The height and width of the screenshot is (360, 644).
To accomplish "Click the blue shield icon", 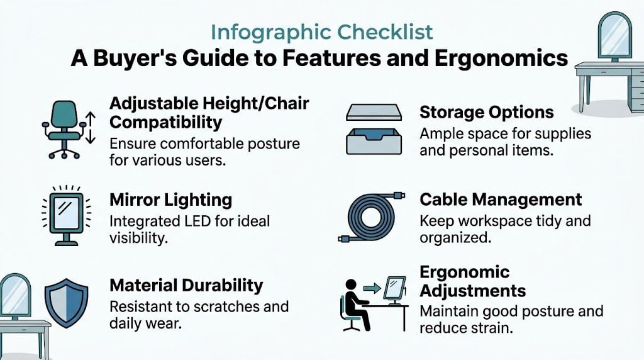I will pos(66,303).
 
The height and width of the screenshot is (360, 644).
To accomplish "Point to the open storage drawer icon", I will pos(372,141).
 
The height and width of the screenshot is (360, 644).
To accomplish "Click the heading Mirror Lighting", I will pos(170,201).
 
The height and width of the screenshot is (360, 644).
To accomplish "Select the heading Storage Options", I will pos(486,113).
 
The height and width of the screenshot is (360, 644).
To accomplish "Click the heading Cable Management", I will pos(501,200).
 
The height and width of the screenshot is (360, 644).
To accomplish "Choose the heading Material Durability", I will pos(186,285).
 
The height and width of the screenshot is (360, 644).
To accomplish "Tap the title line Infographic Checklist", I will pos(322,32).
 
